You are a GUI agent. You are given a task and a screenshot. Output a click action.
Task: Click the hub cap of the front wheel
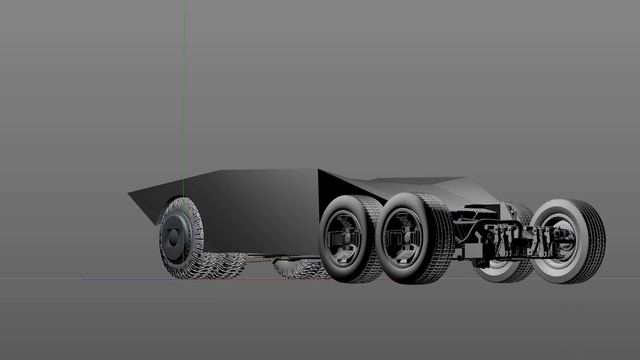tap(173, 239)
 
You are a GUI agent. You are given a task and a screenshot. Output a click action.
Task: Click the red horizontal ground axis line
tap(80, 277)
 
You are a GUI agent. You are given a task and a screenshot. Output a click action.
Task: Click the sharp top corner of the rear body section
tap(319, 170)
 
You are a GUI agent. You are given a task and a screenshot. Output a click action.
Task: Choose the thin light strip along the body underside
tap(280, 256)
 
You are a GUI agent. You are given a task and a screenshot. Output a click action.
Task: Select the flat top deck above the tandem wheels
tap(400, 185)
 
